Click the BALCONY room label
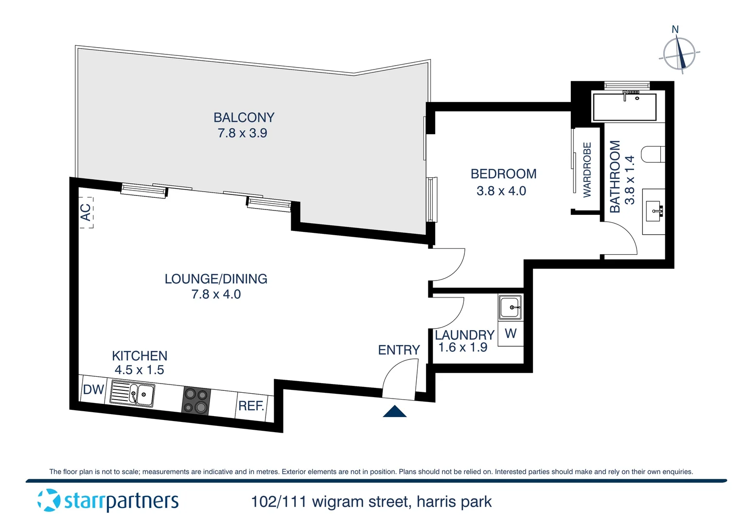click(x=244, y=118)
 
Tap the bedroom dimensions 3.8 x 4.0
click(x=501, y=191)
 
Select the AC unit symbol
click(x=86, y=212)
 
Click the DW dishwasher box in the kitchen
click(x=93, y=389)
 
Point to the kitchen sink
click(x=133, y=394)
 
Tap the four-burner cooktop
click(x=196, y=401)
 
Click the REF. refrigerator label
click(x=251, y=406)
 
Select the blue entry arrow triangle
click(x=394, y=412)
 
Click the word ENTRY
click(x=399, y=350)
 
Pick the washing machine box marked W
click(x=511, y=333)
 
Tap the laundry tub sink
click(x=511, y=307)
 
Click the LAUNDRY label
click(x=464, y=335)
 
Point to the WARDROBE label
click(x=587, y=170)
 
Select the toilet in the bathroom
click(x=653, y=154)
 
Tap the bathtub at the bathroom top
click(x=624, y=107)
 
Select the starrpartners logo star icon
click(x=49, y=500)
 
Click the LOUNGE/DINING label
click(x=216, y=279)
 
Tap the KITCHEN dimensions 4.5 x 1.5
click(x=139, y=370)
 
